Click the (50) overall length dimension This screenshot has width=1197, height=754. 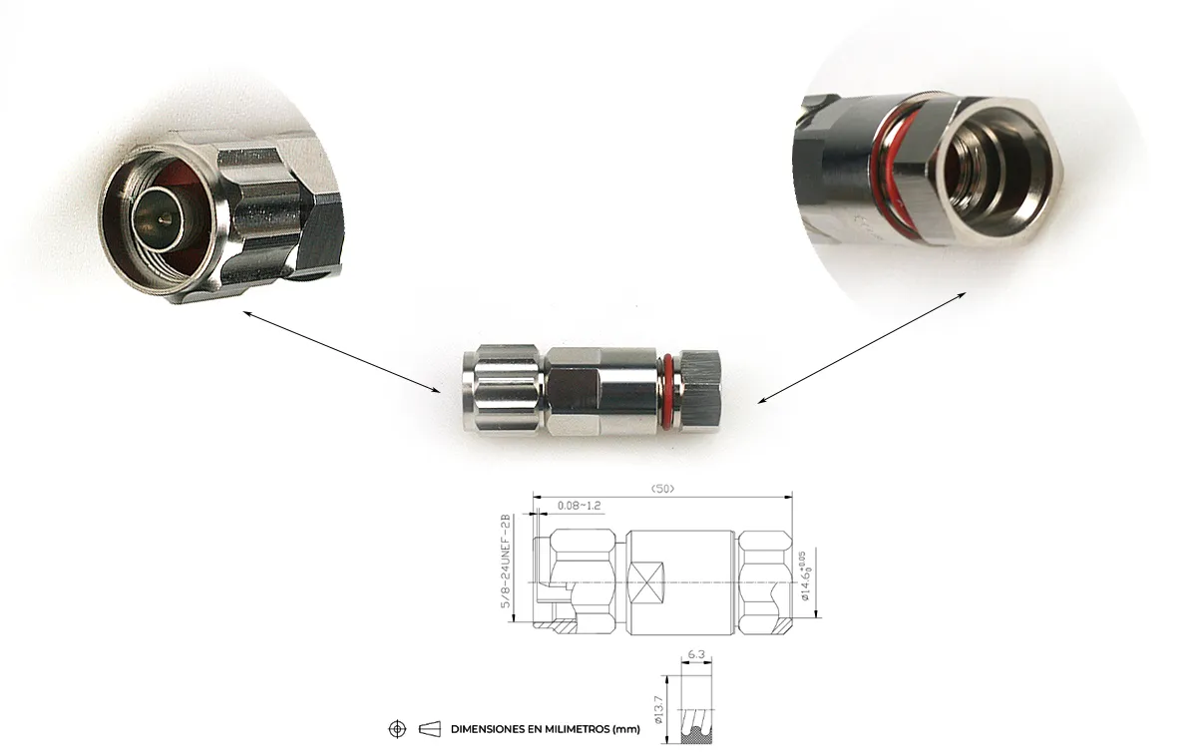661,488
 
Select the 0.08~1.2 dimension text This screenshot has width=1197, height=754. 580,506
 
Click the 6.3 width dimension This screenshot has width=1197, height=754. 696,655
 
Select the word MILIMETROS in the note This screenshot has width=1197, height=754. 574,729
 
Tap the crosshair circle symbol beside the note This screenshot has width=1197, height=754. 397,729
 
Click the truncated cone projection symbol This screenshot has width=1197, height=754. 430,729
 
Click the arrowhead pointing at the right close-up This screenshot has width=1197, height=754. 962,295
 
